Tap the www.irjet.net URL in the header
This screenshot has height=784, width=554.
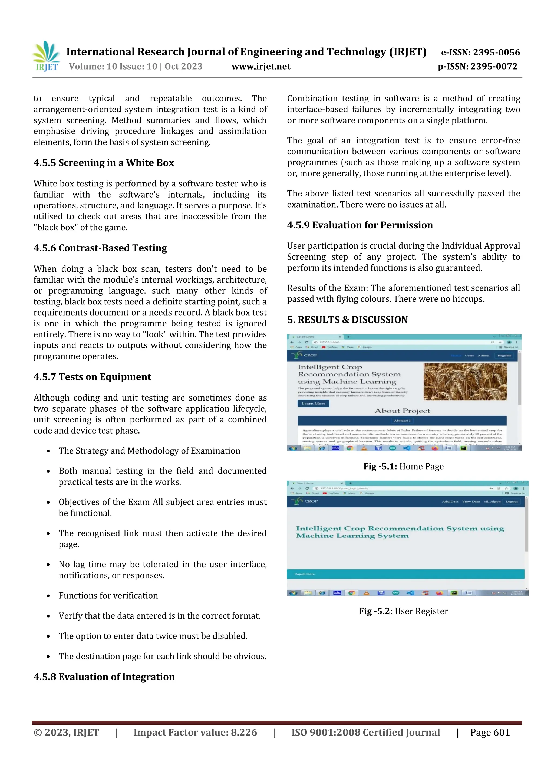261,67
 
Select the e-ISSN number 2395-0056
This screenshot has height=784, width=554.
480,52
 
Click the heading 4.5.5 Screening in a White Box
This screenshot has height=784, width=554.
104,163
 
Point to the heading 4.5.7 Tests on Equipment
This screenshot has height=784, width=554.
92,377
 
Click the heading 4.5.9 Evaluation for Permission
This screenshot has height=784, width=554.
360,225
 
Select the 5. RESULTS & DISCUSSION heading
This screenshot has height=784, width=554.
348,320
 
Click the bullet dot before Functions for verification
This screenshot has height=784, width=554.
48,596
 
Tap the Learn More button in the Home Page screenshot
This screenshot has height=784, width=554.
313,403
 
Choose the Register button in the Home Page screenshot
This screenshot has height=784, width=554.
504,355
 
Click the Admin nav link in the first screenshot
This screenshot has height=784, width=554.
483,355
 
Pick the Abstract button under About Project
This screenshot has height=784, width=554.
402,421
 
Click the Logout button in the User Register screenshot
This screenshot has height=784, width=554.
511,502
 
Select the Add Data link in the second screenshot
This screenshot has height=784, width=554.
450,502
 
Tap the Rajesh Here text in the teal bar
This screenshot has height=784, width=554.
305,574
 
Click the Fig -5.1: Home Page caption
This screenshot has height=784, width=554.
404,467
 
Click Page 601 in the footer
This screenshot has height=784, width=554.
490,732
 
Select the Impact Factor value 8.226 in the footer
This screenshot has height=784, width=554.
195,732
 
